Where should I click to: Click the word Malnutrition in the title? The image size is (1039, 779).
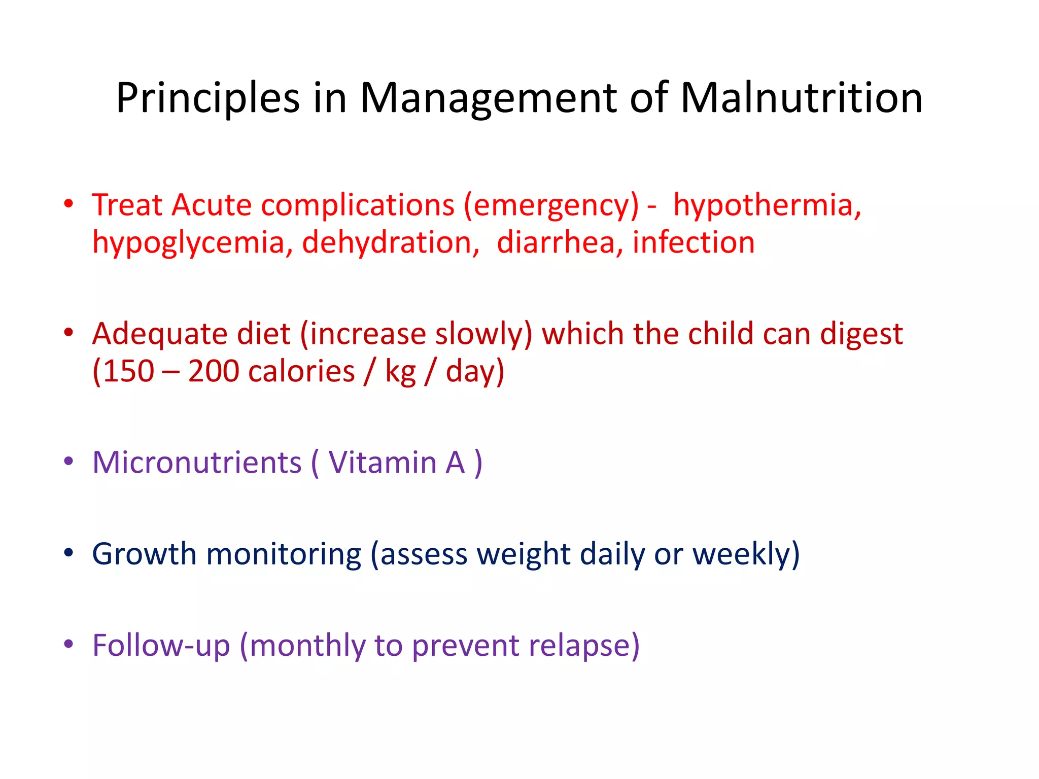click(801, 97)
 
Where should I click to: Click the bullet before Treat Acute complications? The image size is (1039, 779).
click(68, 204)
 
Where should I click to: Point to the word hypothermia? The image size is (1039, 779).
click(767, 206)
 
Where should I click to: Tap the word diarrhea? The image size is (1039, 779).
click(556, 242)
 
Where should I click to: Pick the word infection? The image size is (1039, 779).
click(694, 242)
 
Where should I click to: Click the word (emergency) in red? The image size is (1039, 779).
click(551, 206)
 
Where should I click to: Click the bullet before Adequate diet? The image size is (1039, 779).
click(68, 333)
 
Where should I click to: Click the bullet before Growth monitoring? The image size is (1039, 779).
click(68, 553)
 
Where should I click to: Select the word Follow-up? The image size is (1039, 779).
click(161, 646)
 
